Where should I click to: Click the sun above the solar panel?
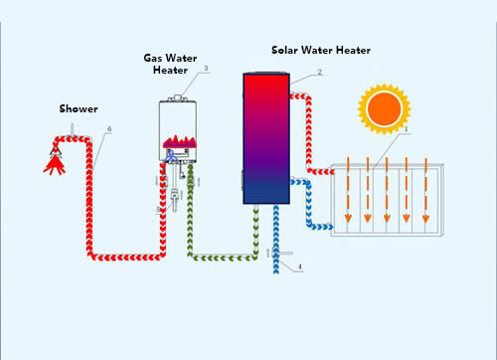(x=383, y=106)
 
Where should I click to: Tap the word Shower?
(x=78, y=108)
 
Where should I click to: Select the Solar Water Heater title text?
(x=318, y=50)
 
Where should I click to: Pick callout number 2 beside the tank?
(x=319, y=72)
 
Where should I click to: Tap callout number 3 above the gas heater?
(x=205, y=69)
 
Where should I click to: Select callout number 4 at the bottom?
(x=299, y=267)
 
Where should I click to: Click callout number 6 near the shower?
(x=108, y=129)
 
